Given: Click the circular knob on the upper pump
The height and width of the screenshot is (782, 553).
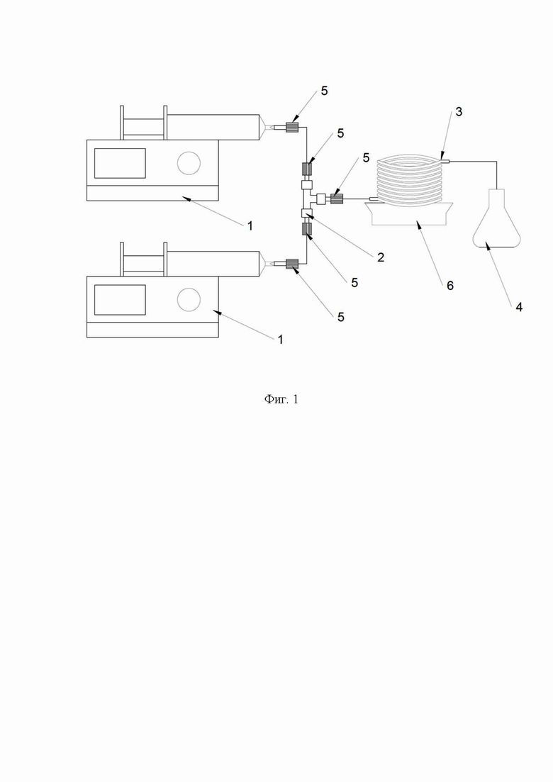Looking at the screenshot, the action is point(189,163).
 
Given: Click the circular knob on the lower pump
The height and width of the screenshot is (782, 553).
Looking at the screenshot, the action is point(189,300).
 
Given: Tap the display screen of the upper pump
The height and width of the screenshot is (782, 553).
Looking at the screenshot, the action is point(120,163).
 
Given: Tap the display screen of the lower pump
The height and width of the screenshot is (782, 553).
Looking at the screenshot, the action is point(120,300).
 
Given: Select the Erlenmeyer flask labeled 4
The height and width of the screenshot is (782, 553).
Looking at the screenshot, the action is point(497,218).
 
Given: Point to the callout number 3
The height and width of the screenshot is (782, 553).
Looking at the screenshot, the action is point(459,112).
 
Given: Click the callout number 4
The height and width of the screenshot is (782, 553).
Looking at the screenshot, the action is point(518,307).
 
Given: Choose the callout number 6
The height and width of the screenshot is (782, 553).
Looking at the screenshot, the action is point(449,285).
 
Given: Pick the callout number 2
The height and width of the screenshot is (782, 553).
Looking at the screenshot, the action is point(381,257).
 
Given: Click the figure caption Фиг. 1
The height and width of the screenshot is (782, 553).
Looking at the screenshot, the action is point(281,399).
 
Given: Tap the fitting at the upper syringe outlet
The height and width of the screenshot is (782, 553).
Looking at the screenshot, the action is point(291,127).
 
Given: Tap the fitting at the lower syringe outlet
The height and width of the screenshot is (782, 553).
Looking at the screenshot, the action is point(291,263).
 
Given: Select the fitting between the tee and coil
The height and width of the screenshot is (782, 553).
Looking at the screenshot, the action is point(337,199).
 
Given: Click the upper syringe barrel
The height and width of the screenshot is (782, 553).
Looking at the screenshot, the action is point(213,127).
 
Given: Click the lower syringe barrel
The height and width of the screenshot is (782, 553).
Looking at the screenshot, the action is point(213,263).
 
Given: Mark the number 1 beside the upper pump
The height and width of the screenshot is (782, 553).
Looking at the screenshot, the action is point(250,226).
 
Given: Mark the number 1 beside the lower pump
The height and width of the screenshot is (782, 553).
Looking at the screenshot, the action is point(280,339).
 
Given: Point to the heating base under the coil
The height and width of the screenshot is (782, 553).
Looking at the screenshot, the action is point(409,214).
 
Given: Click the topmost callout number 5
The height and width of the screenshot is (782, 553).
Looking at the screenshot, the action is point(324,91).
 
